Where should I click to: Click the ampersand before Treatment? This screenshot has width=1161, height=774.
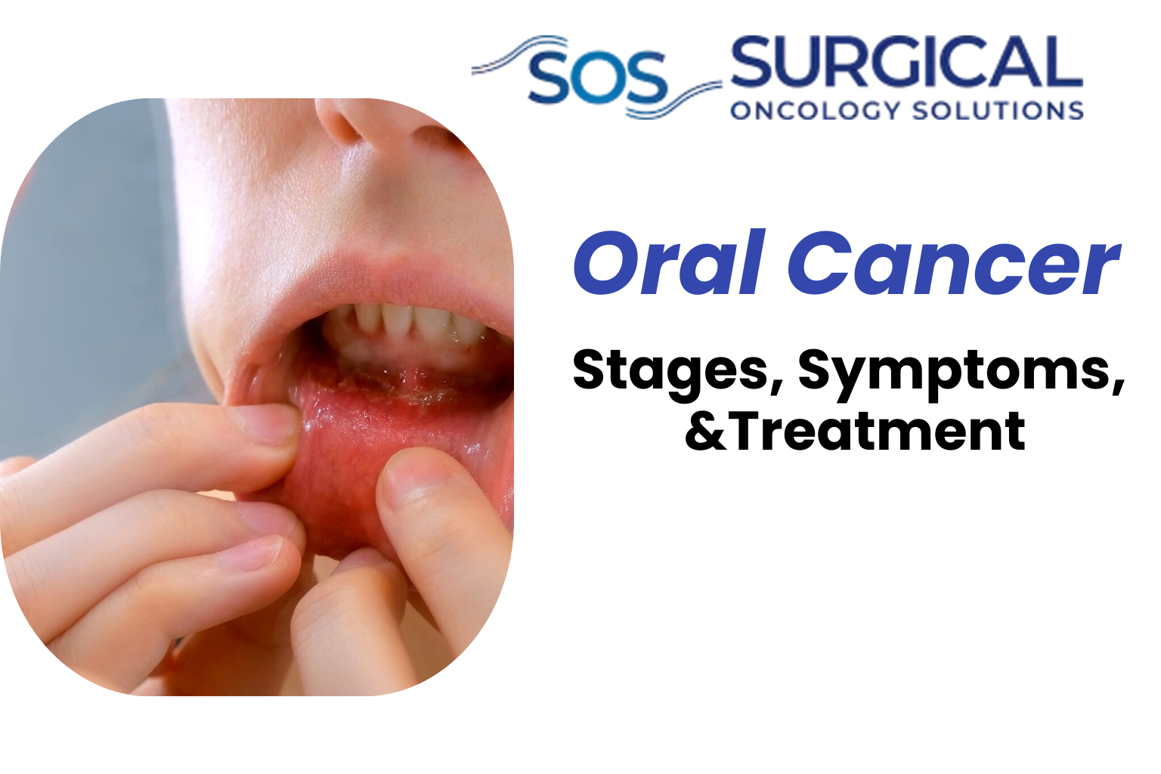(x=704, y=432)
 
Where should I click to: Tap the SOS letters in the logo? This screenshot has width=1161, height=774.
(x=597, y=78)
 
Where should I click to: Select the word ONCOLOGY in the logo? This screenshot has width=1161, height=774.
(x=815, y=110)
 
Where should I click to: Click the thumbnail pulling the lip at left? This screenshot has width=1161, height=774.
(x=269, y=423)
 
